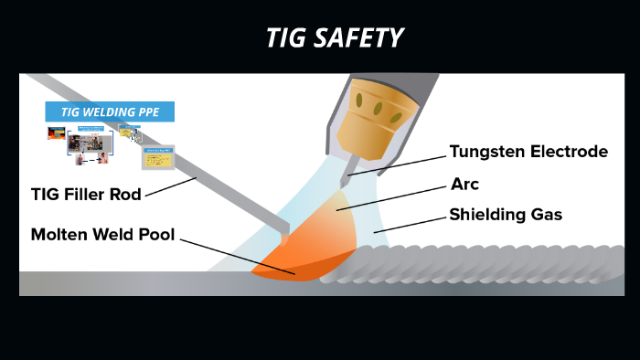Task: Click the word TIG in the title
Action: (284, 37)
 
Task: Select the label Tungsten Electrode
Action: (528, 152)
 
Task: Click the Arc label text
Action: (464, 184)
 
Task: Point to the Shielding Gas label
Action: (505, 216)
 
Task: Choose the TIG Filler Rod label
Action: (85, 194)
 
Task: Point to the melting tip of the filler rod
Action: (284, 238)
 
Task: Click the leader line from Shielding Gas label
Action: (411, 225)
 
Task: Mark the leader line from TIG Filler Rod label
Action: (169, 187)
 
